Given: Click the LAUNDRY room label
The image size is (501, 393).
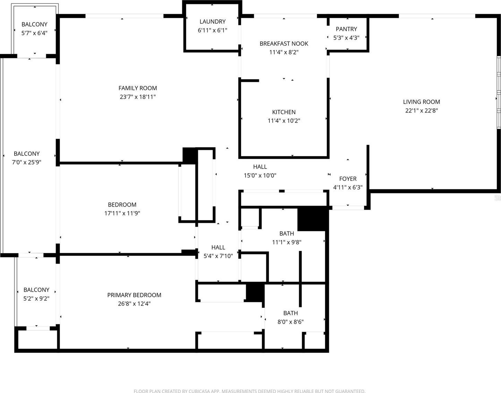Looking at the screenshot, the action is click(x=212, y=21).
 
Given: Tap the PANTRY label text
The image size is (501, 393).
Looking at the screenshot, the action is click(x=346, y=29).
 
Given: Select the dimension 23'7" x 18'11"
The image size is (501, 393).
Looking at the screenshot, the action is click(x=137, y=97).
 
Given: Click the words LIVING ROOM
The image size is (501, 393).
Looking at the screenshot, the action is click(x=421, y=102).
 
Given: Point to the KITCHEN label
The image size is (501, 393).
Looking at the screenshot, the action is click(x=284, y=112).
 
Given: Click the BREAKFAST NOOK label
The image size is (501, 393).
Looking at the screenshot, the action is click(x=284, y=44).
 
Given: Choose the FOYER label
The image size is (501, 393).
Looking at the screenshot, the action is click(x=348, y=179).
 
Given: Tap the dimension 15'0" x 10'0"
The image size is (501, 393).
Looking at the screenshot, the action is click(x=260, y=176).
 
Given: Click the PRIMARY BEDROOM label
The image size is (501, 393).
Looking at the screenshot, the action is click(x=134, y=295).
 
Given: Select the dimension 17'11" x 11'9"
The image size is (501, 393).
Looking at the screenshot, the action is click(x=122, y=213).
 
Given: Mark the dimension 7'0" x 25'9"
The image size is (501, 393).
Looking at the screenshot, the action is click(x=26, y=162).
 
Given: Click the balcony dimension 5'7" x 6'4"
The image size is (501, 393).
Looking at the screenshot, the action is click(x=34, y=33).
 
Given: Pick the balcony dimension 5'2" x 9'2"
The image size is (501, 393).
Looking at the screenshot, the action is click(x=36, y=299).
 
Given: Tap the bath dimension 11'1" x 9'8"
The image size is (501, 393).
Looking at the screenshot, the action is click(x=286, y=242).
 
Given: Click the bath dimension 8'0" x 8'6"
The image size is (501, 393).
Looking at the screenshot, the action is click(x=291, y=322).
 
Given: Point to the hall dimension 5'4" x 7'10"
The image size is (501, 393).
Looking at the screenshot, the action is click(x=218, y=256).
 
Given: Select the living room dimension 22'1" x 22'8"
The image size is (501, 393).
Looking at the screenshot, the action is click(x=421, y=111).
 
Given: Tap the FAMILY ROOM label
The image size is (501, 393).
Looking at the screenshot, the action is click(x=137, y=88).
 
